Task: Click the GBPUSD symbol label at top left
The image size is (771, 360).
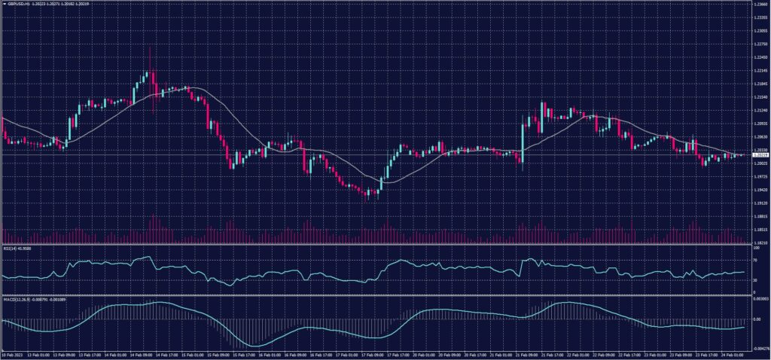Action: pyautogui.click(x=17, y=4)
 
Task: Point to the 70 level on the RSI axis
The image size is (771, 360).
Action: pyautogui.click(x=754, y=260)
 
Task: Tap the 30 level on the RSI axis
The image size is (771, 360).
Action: pyautogui.click(x=754, y=280)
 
